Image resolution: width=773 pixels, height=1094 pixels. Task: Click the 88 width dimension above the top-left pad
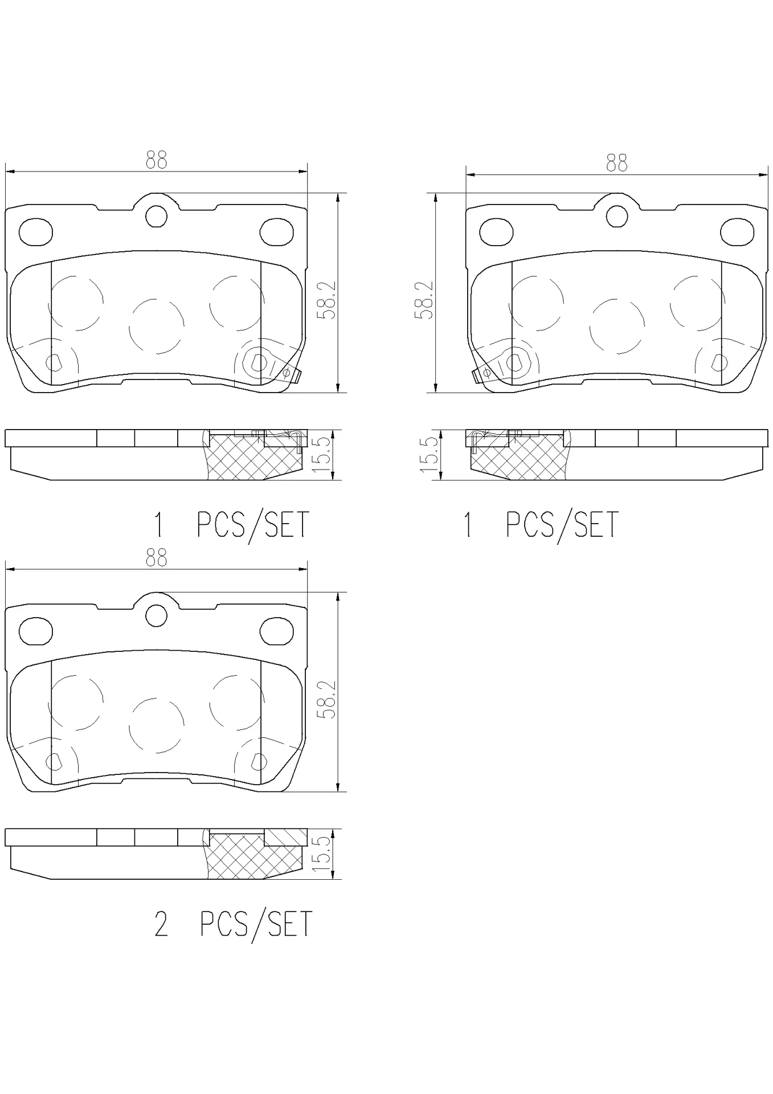[156, 160]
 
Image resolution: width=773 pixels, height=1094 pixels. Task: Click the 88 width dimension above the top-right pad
[616, 162]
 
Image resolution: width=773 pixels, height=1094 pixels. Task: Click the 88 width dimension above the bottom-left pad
[156, 558]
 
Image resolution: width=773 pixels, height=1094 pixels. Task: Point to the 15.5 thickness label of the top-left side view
[321, 455]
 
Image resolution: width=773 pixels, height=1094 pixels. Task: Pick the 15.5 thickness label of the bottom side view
[321, 855]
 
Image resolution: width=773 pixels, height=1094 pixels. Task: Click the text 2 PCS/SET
[234, 924]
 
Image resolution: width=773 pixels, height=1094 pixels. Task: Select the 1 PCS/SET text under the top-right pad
[541, 524]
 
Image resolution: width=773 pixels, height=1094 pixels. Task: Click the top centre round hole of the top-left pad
[156, 216]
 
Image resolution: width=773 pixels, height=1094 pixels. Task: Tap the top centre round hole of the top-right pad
[616, 216]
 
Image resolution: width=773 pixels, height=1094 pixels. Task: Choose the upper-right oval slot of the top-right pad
[737, 232]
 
